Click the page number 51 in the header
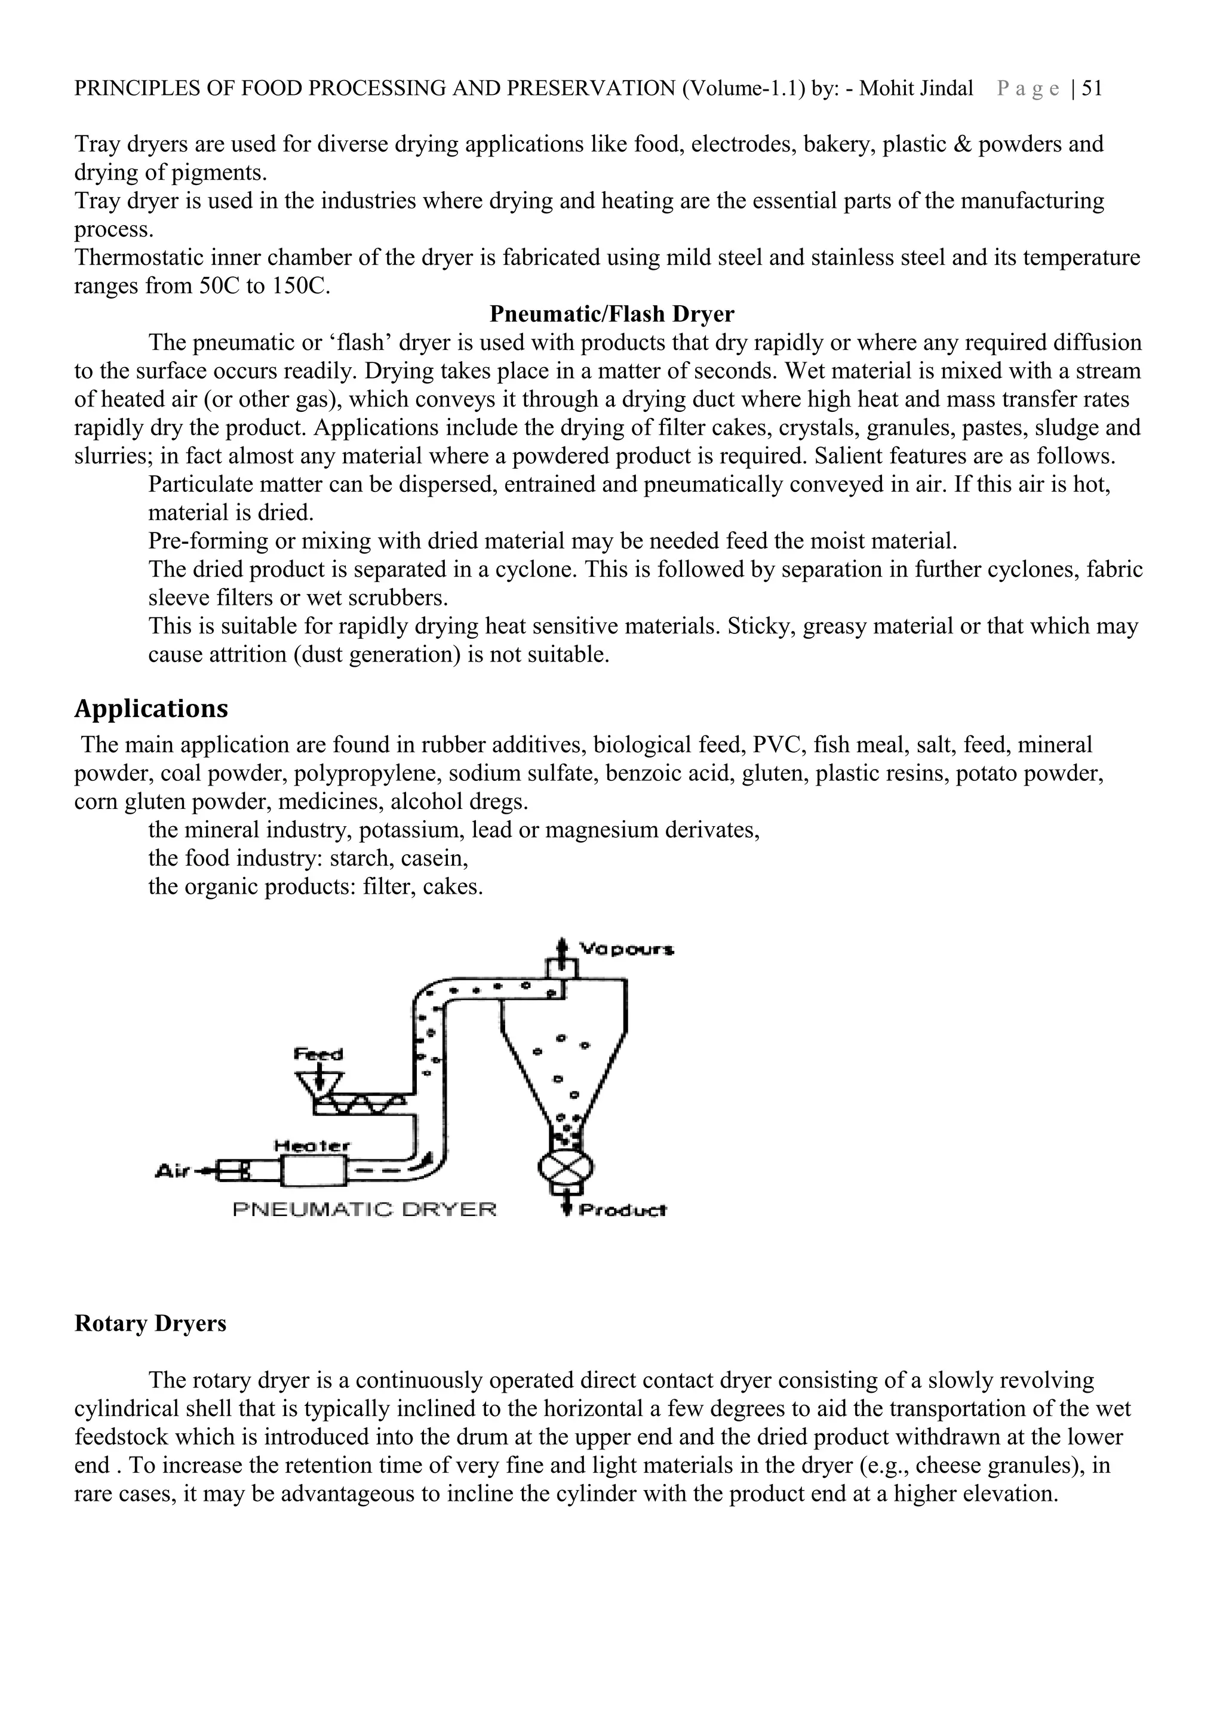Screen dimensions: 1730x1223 tap(1092, 89)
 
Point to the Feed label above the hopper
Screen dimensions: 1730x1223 tap(318, 1054)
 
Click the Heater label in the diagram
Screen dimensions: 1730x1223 tap(311, 1146)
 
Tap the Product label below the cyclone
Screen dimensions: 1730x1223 tap(622, 1211)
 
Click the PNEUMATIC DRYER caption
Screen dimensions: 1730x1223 tap(365, 1210)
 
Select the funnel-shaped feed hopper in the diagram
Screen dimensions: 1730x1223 tap(319, 1083)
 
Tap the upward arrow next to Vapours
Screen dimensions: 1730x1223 tap(561, 946)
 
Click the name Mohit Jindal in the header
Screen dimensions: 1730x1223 tap(915, 89)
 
